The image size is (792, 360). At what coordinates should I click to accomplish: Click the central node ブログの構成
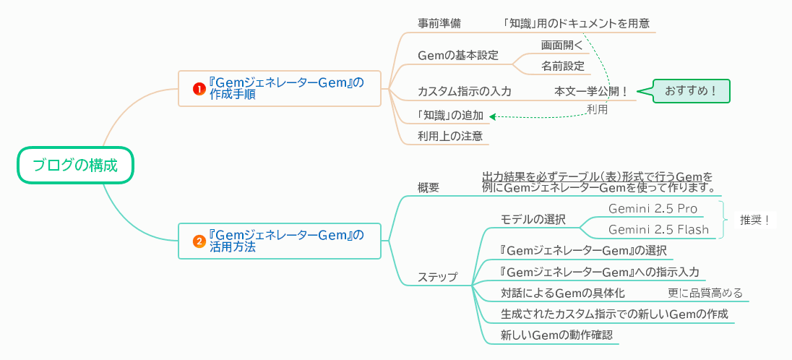click(x=75, y=166)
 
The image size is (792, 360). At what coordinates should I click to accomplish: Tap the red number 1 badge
click(x=199, y=88)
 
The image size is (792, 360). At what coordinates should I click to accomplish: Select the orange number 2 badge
click(x=199, y=241)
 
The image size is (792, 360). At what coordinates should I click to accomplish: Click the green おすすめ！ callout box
click(x=691, y=91)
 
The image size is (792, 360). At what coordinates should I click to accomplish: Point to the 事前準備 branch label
click(x=439, y=23)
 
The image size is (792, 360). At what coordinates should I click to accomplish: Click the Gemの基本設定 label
click(x=458, y=56)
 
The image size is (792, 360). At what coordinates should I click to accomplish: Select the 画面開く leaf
click(x=562, y=45)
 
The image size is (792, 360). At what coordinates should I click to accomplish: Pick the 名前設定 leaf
click(x=563, y=66)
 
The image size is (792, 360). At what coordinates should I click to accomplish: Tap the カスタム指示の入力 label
click(x=464, y=92)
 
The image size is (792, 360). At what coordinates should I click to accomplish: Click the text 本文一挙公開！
click(x=591, y=92)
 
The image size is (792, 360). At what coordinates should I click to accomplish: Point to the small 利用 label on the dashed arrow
click(x=597, y=109)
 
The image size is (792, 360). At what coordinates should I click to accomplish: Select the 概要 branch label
click(x=429, y=187)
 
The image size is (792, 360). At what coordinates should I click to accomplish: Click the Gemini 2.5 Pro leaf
click(x=653, y=208)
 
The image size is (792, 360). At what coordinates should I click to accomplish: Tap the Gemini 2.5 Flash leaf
click(x=658, y=230)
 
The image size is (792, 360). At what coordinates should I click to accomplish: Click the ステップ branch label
click(x=437, y=277)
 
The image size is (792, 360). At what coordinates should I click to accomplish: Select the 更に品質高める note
click(x=705, y=293)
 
